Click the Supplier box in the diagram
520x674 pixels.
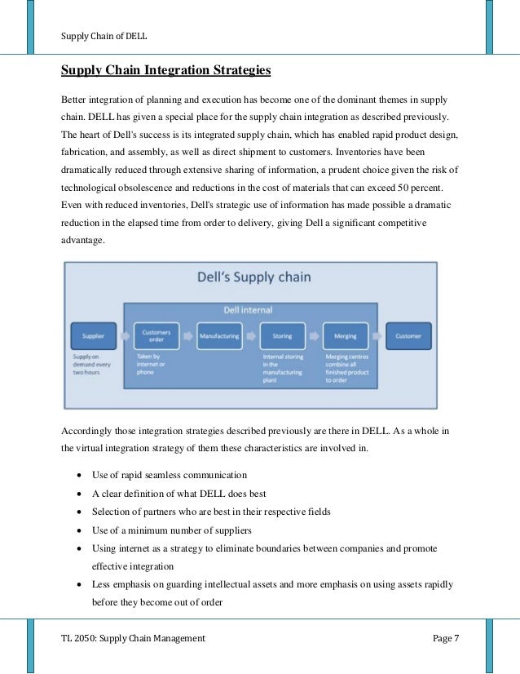click(x=94, y=335)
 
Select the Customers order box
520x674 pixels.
click(x=156, y=335)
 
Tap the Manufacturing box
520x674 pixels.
click(x=219, y=335)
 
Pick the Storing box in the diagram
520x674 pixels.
click(x=282, y=335)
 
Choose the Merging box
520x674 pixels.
click(x=346, y=335)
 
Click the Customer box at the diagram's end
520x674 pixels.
click(x=408, y=335)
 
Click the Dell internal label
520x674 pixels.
click(x=249, y=310)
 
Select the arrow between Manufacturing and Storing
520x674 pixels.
click(x=251, y=335)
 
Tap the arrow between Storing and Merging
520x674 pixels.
click(x=314, y=335)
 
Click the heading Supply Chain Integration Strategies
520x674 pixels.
click(x=166, y=71)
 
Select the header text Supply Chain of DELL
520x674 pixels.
click(x=104, y=35)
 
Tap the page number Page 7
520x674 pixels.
click(x=445, y=639)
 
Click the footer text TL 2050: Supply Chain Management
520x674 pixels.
click(x=133, y=639)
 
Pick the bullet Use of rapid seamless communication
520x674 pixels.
click(x=169, y=475)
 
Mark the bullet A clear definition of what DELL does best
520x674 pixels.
click(x=179, y=494)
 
